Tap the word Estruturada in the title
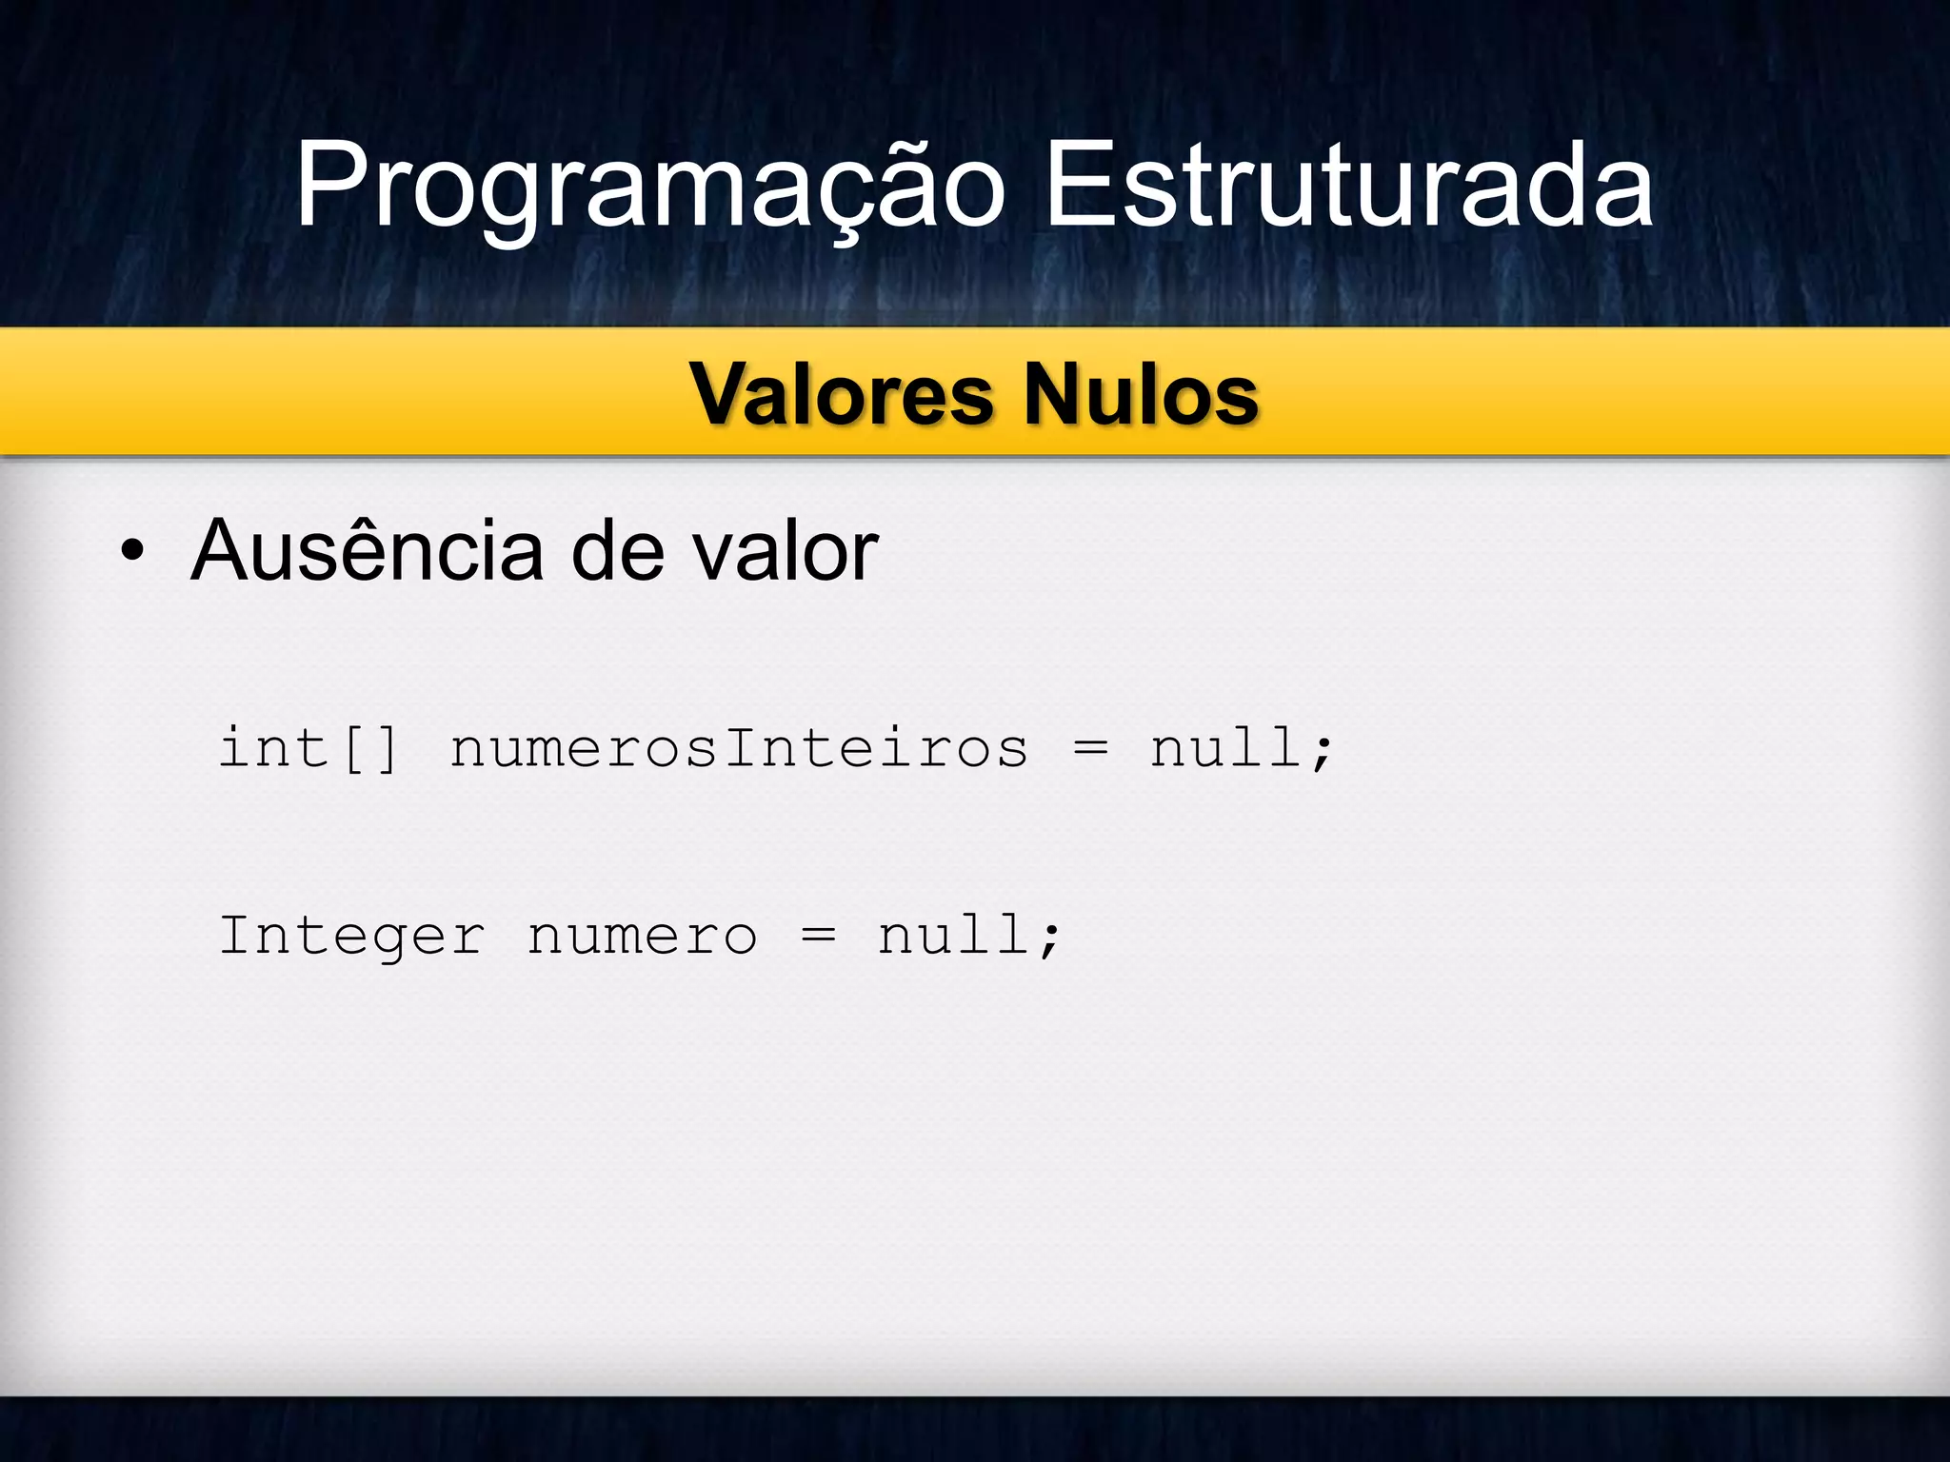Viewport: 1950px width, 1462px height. click(x=1348, y=185)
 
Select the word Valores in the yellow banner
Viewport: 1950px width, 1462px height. click(x=843, y=394)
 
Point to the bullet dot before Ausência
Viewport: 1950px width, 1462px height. click(x=132, y=551)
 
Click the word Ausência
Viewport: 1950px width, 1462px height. click(x=367, y=551)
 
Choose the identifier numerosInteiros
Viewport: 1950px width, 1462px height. click(x=739, y=747)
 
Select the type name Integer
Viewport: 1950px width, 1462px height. click(x=352, y=936)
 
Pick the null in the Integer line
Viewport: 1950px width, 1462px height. click(x=953, y=935)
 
